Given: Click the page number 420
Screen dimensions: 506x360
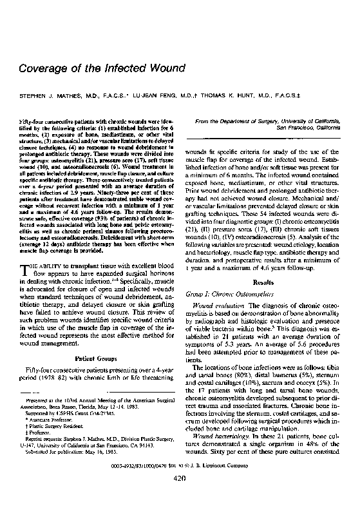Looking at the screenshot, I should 180,495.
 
